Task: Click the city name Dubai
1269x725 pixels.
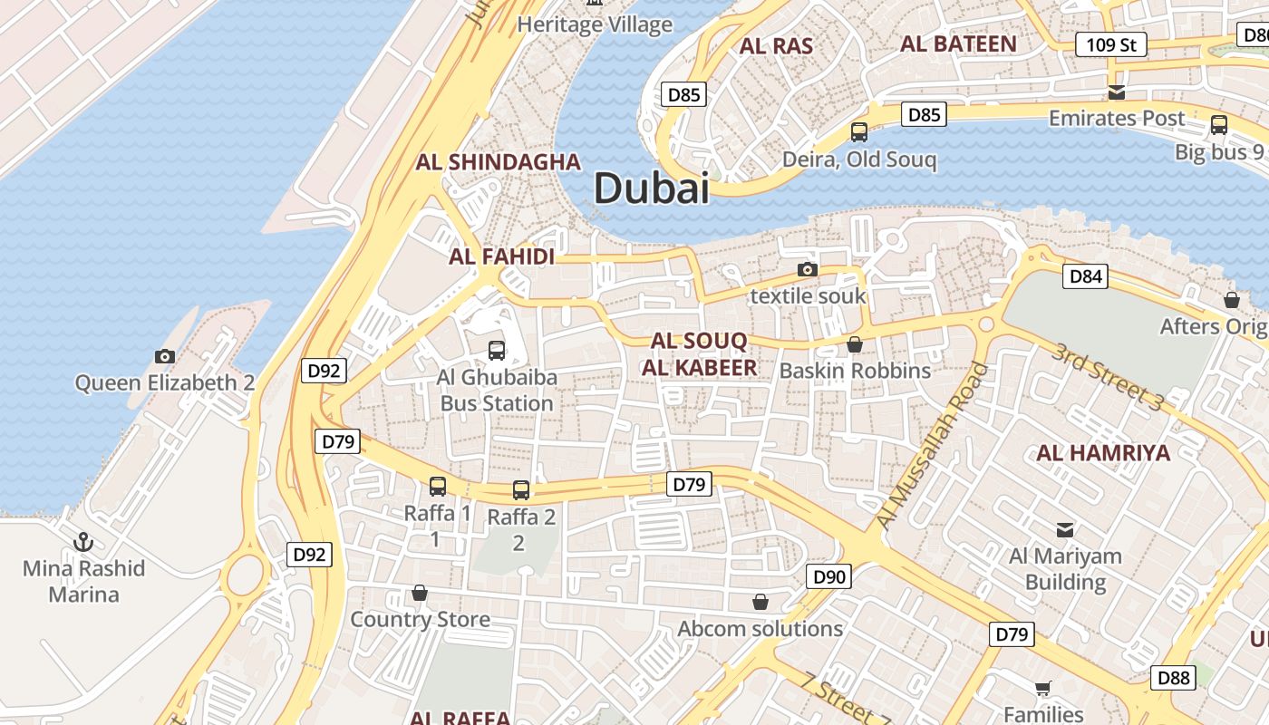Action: pos(651,188)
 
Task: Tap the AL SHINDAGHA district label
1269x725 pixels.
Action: pos(498,162)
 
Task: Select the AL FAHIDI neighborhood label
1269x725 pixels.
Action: pos(501,256)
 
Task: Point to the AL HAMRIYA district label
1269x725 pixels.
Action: pos(1103,453)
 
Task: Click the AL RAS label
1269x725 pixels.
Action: pos(776,46)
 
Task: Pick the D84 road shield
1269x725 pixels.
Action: pos(1085,276)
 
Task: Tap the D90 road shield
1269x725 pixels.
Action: pos(828,576)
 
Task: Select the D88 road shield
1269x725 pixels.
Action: pos(1173,677)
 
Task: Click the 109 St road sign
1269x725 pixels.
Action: pos(1110,44)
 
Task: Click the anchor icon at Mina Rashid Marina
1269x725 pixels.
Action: pos(83,542)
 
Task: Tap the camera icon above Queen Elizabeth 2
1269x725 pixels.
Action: pos(164,356)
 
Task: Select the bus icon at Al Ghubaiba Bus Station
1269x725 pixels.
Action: pos(496,350)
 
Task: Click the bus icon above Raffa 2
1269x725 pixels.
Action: pos(520,490)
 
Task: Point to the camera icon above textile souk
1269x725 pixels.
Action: pos(807,269)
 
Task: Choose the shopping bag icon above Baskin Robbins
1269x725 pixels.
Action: pos(854,344)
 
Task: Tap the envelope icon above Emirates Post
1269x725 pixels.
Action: pos(1116,92)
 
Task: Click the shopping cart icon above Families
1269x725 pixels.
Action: pos(1042,688)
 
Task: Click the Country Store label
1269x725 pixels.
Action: pos(420,620)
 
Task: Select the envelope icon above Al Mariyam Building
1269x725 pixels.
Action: pos(1065,529)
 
